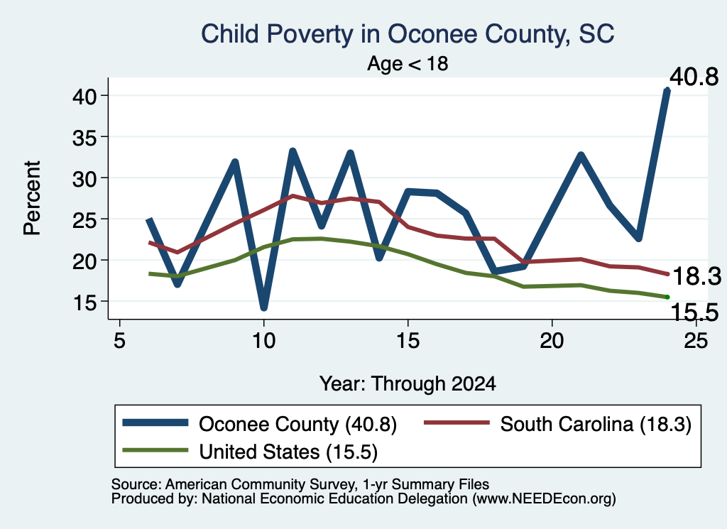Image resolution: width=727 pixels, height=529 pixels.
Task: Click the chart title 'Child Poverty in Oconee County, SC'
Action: [x=408, y=34]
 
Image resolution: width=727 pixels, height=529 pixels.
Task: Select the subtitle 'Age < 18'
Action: [x=408, y=63]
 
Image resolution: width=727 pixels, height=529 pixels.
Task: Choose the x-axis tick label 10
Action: [x=264, y=342]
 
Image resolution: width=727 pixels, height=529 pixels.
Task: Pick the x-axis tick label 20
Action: [x=552, y=342]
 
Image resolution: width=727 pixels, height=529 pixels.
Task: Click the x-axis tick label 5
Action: [x=119, y=342]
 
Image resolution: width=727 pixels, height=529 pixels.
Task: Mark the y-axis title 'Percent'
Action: [x=32, y=198]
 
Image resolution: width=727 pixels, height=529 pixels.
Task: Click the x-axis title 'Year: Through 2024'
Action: [x=408, y=384]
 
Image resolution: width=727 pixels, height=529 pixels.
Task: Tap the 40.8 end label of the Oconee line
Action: [x=694, y=77]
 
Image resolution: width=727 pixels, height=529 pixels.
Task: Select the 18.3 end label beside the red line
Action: [x=697, y=277]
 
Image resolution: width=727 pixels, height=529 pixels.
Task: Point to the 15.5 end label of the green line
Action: [x=694, y=312]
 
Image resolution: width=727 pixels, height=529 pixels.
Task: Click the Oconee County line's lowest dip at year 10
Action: [x=264, y=307]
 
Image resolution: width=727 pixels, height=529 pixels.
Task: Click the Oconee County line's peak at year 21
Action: [x=581, y=154]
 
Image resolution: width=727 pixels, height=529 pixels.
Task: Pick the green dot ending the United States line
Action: [x=667, y=297]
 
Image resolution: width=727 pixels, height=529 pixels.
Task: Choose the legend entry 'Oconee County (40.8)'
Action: [x=260, y=424]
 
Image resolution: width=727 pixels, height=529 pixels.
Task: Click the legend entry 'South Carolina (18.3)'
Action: [x=558, y=424]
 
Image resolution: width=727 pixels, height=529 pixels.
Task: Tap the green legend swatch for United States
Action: [x=155, y=450]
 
